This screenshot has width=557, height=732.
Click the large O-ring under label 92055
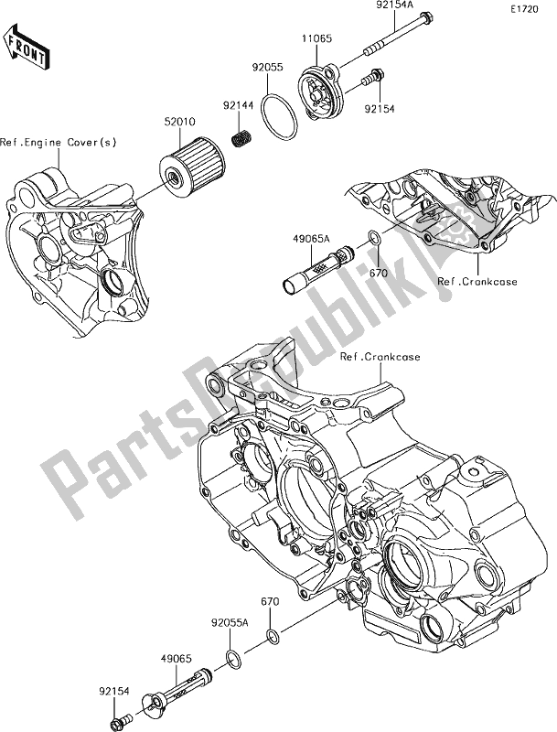pos(276,117)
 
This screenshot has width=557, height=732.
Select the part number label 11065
pos(316,40)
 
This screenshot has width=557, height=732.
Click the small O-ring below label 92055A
pos(233,656)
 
